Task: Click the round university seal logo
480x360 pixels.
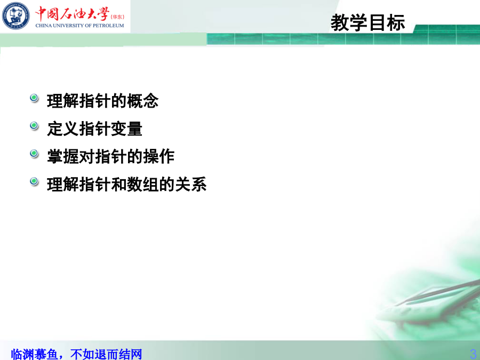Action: tap(15, 15)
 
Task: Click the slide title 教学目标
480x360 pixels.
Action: tap(367, 22)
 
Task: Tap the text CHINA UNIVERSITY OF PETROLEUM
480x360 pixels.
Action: tap(79, 26)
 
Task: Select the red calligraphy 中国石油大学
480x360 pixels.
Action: tap(72, 13)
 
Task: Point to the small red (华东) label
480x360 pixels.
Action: tap(117, 17)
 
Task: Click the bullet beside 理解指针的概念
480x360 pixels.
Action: tap(34, 98)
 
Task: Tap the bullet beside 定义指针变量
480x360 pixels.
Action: tap(34, 126)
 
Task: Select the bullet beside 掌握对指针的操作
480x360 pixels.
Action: tap(34, 154)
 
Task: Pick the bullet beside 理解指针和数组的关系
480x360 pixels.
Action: tap(34, 181)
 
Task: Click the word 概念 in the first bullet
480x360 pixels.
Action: tap(142, 101)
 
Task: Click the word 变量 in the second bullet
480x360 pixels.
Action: tap(126, 129)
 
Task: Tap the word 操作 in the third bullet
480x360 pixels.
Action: tap(158, 156)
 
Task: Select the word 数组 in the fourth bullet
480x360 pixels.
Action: tap(142, 185)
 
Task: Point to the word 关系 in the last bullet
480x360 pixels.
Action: tap(191, 185)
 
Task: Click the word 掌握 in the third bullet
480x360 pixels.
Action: tap(63, 156)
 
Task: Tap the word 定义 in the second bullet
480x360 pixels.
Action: tap(63, 129)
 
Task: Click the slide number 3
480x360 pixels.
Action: tap(473, 354)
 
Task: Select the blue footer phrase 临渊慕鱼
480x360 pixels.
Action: tap(34, 354)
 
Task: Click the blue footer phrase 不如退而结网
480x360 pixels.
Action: tap(106, 354)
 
